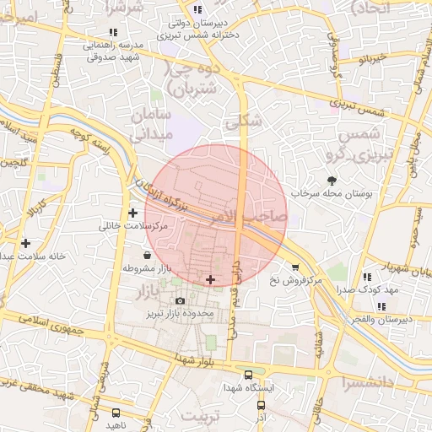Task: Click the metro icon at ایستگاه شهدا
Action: [x=247, y=375]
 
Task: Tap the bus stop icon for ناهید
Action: [x=115, y=413]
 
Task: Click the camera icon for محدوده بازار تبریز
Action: [x=180, y=301]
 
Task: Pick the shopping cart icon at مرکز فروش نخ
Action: [x=295, y=267]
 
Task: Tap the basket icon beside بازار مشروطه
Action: [x=148, y=255]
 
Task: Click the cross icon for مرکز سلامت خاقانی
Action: [x=132, y=213]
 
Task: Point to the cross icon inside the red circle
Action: [x=210, y=279]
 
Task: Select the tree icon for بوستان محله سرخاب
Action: [x=331, y=180]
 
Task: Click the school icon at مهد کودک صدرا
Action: [x=366, y=277]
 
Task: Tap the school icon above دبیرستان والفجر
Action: [x=382, y=306]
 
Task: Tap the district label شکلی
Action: [x=244, y=122]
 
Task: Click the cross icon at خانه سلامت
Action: [x=26, y=242]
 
